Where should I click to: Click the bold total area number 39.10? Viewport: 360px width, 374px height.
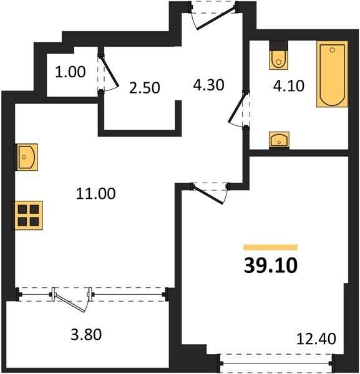click(x=271, y=266)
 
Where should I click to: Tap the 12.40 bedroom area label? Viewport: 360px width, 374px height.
click(x=316, y=338)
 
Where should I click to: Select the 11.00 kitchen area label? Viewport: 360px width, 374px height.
click(x=95, y=193)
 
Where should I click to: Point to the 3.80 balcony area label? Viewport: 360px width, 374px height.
click(x=86, y=334)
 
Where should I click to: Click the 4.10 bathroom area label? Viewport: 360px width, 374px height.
click(x=289, y=86)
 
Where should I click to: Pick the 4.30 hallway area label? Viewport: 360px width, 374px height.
click(x=208, y=85)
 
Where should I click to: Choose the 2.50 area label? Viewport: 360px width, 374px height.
click(x=144, y=88)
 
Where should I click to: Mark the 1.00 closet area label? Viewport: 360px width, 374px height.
click(x=70, y=72)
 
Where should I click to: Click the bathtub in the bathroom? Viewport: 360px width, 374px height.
click(x=332, y=74)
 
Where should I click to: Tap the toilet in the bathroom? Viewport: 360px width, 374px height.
click(x=278, y=55)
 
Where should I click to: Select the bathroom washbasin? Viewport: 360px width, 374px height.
click(x=279, y=140)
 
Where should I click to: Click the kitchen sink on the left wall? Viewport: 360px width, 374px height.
click(x=26, y=157)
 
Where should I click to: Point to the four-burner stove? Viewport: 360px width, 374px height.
click(x=27, y=216)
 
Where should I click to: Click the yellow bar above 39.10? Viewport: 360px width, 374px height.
click(x=270, y=247)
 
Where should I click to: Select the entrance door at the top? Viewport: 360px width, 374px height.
click(x=215, y=18)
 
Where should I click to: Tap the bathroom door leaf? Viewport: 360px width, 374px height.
click(x=236, y=108)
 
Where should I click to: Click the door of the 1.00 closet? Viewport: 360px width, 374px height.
click(x=109, y=71)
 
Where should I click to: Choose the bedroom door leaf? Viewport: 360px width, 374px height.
click(x=208, y=195)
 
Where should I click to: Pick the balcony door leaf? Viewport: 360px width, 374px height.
click(x=70, y=304)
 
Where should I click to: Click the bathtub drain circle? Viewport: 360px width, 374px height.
click(x=333, y=50)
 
